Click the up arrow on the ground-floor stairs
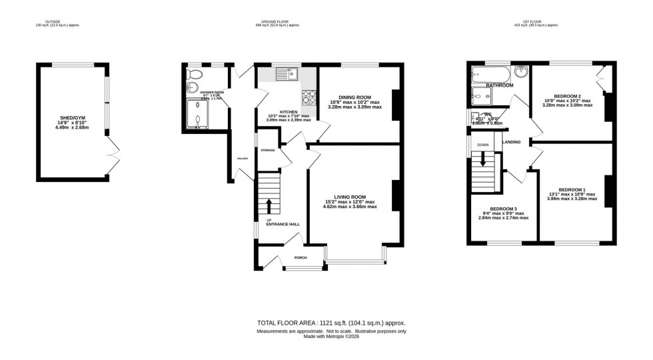269,204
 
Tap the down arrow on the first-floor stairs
482,160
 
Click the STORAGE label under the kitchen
268,151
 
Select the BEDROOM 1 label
572,189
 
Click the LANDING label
512,142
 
